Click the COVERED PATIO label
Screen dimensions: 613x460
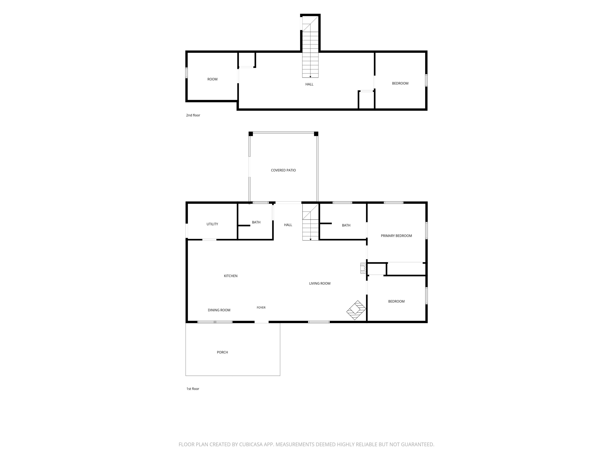(x=283, y=170)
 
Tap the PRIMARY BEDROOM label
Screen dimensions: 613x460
(x=396, y=236)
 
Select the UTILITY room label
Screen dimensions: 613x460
(x=212, y=224)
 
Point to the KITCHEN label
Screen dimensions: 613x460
(x=230, y=276)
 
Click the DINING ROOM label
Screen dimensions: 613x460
(x=219, y=310)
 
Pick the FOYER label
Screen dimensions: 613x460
(x=261, y=307)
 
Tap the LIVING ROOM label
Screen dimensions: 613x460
(x=320, y=283)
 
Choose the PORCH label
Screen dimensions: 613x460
(x=222, y=352)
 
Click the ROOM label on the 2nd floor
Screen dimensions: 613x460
(x=212, y=79)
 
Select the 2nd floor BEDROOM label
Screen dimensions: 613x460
(x=400, y=83)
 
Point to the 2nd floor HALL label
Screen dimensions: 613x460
(x=309, y=84)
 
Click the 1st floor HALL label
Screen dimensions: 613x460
(x=288, y=225)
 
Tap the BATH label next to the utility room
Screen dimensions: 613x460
(x=256, y=222)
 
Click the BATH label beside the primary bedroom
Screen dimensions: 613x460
(x=346, y=225)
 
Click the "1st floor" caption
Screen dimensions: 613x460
(x=193, y=389)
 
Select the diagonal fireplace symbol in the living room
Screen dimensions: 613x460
(x=356, y=310)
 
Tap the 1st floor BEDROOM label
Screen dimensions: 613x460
(x=396, y=301)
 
